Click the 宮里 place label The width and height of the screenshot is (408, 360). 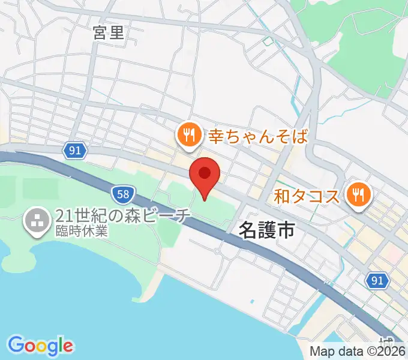point(109,33)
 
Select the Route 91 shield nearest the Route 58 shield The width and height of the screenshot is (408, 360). point(74,151)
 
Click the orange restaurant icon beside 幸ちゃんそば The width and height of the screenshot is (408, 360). point(188,134)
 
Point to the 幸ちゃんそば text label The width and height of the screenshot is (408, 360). point(258,136)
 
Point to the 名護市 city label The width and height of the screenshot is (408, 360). point(268,229)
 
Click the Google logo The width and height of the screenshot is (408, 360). point(40,346)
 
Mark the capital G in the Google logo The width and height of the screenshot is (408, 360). point(16,345)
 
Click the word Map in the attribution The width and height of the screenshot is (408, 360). point(322,352)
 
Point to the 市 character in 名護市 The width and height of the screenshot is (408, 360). point(286,229)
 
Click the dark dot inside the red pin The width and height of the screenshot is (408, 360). point(205,173)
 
